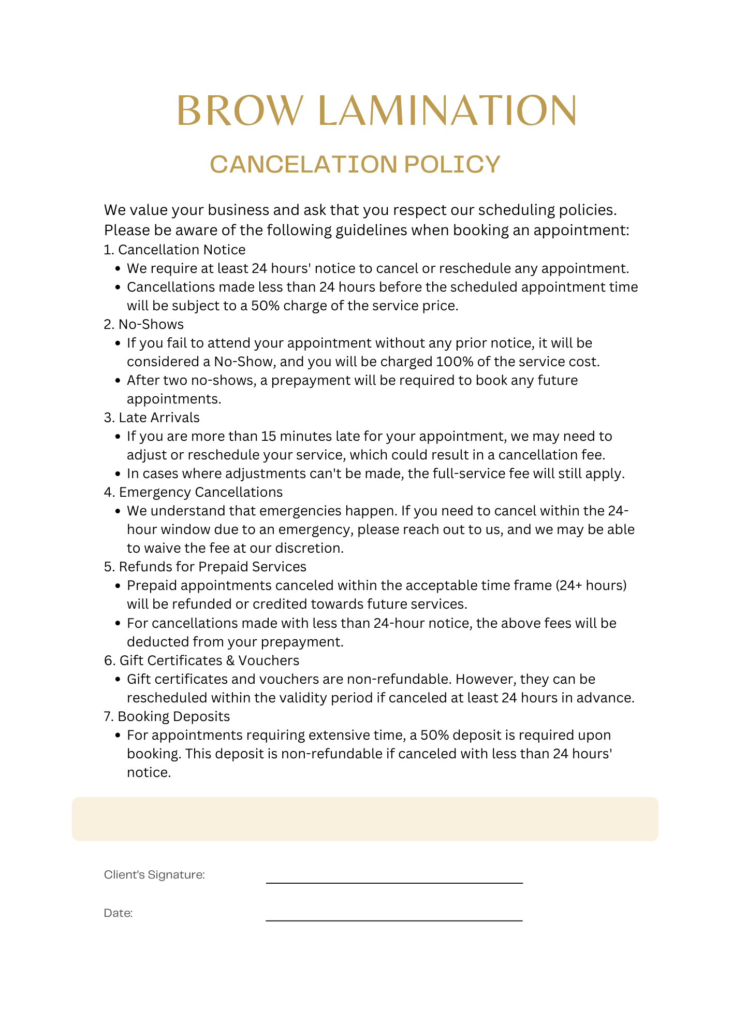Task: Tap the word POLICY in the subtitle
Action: (452, 164)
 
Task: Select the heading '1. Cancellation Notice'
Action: (174, 250)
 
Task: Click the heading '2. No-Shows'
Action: (143, 324)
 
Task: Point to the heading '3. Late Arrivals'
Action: (152, 418)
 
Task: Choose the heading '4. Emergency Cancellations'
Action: (193, 492)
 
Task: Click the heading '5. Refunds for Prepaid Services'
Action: (205, 567)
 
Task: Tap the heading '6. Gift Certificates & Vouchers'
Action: (201, 660)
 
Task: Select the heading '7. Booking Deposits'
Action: (167, 716)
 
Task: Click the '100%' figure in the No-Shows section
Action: (454, 362)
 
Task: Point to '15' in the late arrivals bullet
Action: (268, 436)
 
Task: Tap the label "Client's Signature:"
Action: (154, 875)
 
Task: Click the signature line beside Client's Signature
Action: (394, 882)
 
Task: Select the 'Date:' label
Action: (118, 913)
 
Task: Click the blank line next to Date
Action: (394, 920)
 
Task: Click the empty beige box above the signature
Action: (365, 819)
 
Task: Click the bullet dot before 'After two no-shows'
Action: (118, 381)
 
